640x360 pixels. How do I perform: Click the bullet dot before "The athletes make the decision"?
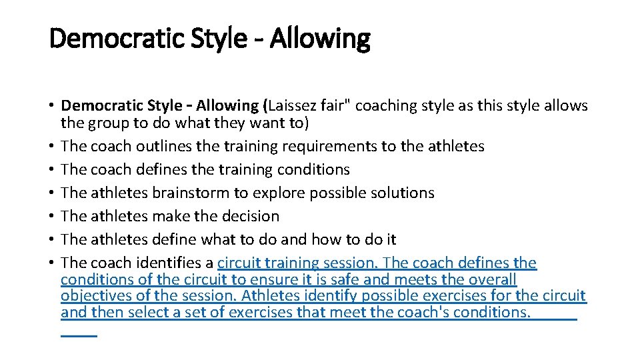(x=51, y=216)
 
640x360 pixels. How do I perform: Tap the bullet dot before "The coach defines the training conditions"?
(x=51, y=169)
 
